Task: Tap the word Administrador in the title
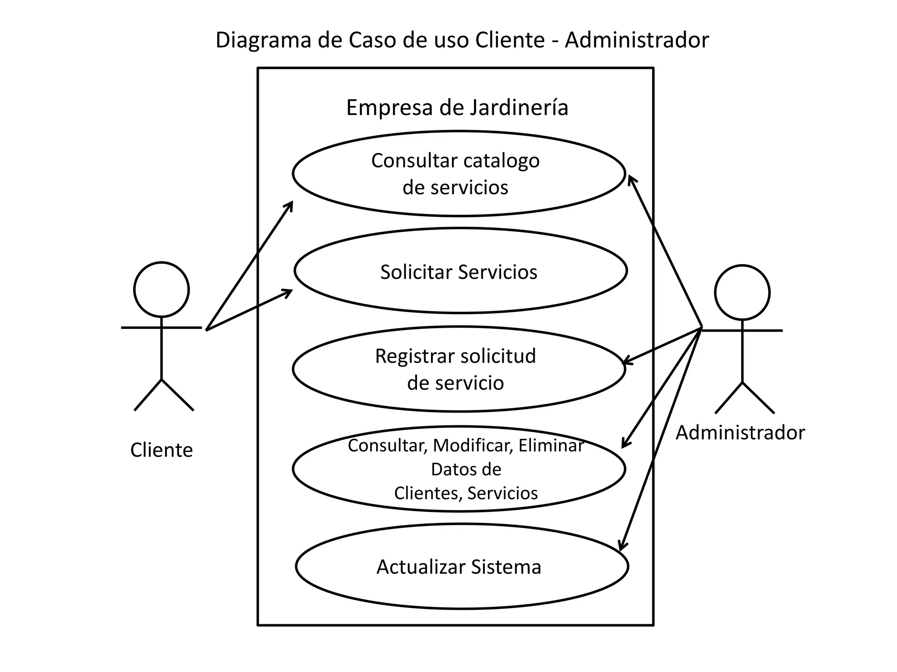click(636, 40)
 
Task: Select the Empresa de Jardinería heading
click(457, 108)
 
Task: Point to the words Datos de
click(466, 469)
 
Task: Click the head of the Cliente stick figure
click(161, 290)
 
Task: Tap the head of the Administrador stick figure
click(742, 292)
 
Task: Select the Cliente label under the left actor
click(161, 450)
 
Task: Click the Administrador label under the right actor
click(740, 433)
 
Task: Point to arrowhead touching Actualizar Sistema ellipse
click(622, 547)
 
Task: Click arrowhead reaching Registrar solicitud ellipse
click(625, 362)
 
